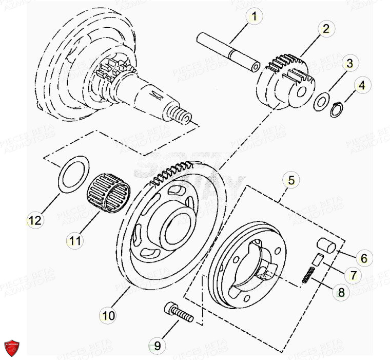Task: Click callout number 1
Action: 253,16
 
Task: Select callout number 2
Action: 325,28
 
